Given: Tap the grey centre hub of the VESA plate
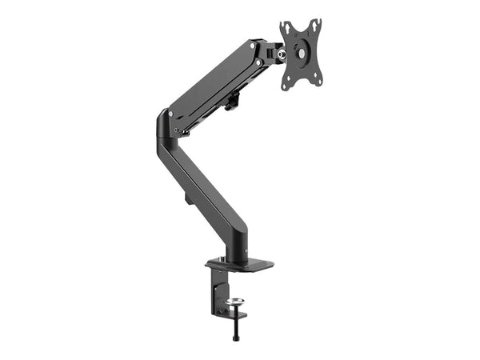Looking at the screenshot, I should (x=300, y=51).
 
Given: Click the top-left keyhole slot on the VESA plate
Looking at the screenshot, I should (x=286, y=30).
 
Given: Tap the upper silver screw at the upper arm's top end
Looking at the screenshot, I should (x=255, y=46).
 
